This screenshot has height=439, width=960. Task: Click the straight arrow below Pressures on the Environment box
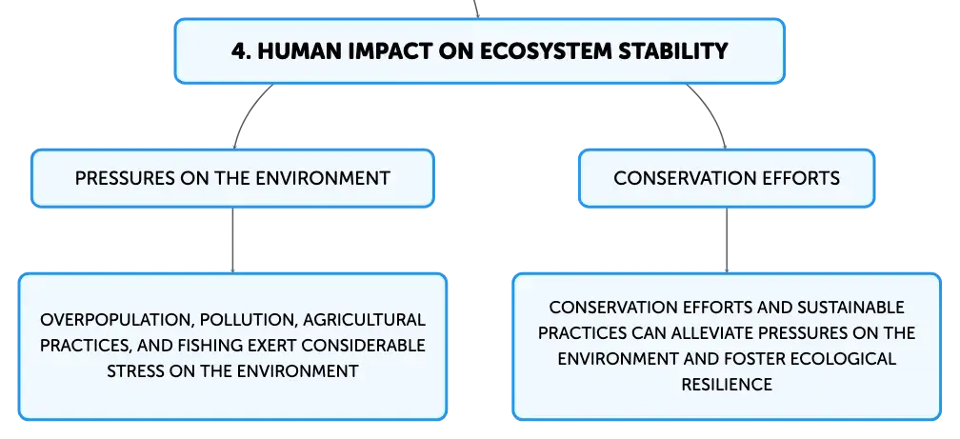coord(232,240)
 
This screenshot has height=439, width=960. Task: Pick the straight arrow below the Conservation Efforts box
coord(727,240)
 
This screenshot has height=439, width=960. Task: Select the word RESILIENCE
coord(727,384)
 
